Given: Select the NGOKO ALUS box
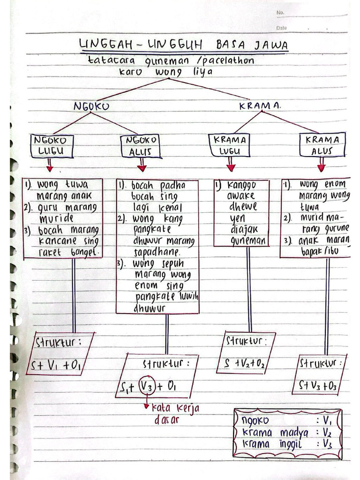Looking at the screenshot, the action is [x=141, y=146].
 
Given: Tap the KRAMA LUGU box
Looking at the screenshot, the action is [x=230, y=146].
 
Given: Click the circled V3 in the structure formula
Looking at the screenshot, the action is [x=146, y=387].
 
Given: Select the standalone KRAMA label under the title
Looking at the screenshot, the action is [x=260, y=106].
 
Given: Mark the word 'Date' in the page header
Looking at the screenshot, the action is [x=281, y=28].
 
